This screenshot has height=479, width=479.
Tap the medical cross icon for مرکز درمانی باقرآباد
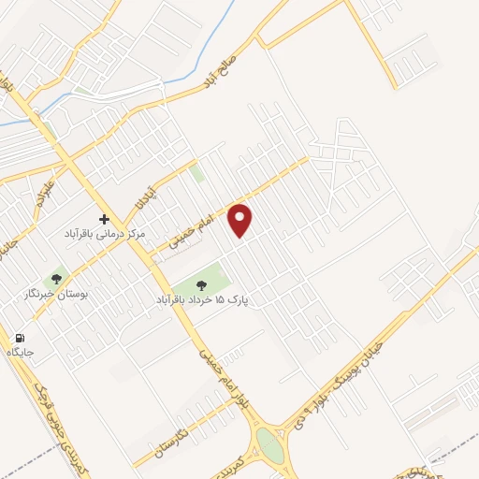[x=104, y=217]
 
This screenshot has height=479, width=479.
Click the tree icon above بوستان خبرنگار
[x=57, y=278]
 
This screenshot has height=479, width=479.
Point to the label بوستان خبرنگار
[x=57, y=293]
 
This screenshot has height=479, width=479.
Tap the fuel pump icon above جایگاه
[x=20, y=339]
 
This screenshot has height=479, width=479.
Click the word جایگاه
[x=20, y=353]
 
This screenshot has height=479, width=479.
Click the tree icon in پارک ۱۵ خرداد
[x=201, y=284]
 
